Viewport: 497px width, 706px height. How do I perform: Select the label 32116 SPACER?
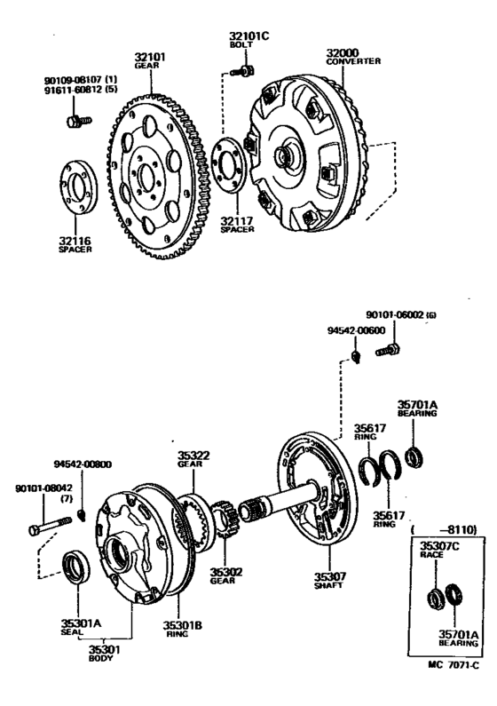[75, 245]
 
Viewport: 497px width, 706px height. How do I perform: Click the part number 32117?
[238, 219]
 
